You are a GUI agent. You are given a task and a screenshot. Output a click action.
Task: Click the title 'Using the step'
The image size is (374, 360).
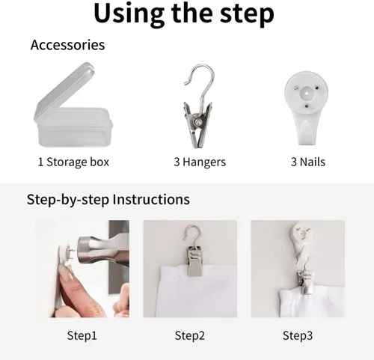point(184,13)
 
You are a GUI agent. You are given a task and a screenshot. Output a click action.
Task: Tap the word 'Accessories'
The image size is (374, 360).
point(67,45)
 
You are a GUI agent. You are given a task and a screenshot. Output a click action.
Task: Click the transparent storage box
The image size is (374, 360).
point(73,105)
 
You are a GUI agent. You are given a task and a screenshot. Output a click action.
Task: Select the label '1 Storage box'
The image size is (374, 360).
point(73,162)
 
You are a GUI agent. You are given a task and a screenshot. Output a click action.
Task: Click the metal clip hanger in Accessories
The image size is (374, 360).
point(198,107)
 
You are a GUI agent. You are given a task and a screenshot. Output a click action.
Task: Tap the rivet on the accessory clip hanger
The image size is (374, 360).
point(198,122)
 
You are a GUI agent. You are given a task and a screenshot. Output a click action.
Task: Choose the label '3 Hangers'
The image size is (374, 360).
point(200,162)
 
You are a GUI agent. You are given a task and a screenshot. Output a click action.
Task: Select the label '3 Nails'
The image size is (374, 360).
point(308,162)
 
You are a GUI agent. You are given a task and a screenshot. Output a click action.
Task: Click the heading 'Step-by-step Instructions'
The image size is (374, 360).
point(108,200)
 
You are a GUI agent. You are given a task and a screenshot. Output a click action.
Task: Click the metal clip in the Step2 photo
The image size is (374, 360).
point(194,260)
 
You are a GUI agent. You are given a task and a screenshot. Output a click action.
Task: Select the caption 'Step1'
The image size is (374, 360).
point(82,335)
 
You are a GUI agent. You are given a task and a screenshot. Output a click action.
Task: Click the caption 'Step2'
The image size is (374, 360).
point(190,335)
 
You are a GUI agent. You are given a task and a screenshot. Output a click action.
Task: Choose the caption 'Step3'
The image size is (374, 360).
point(298,335)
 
